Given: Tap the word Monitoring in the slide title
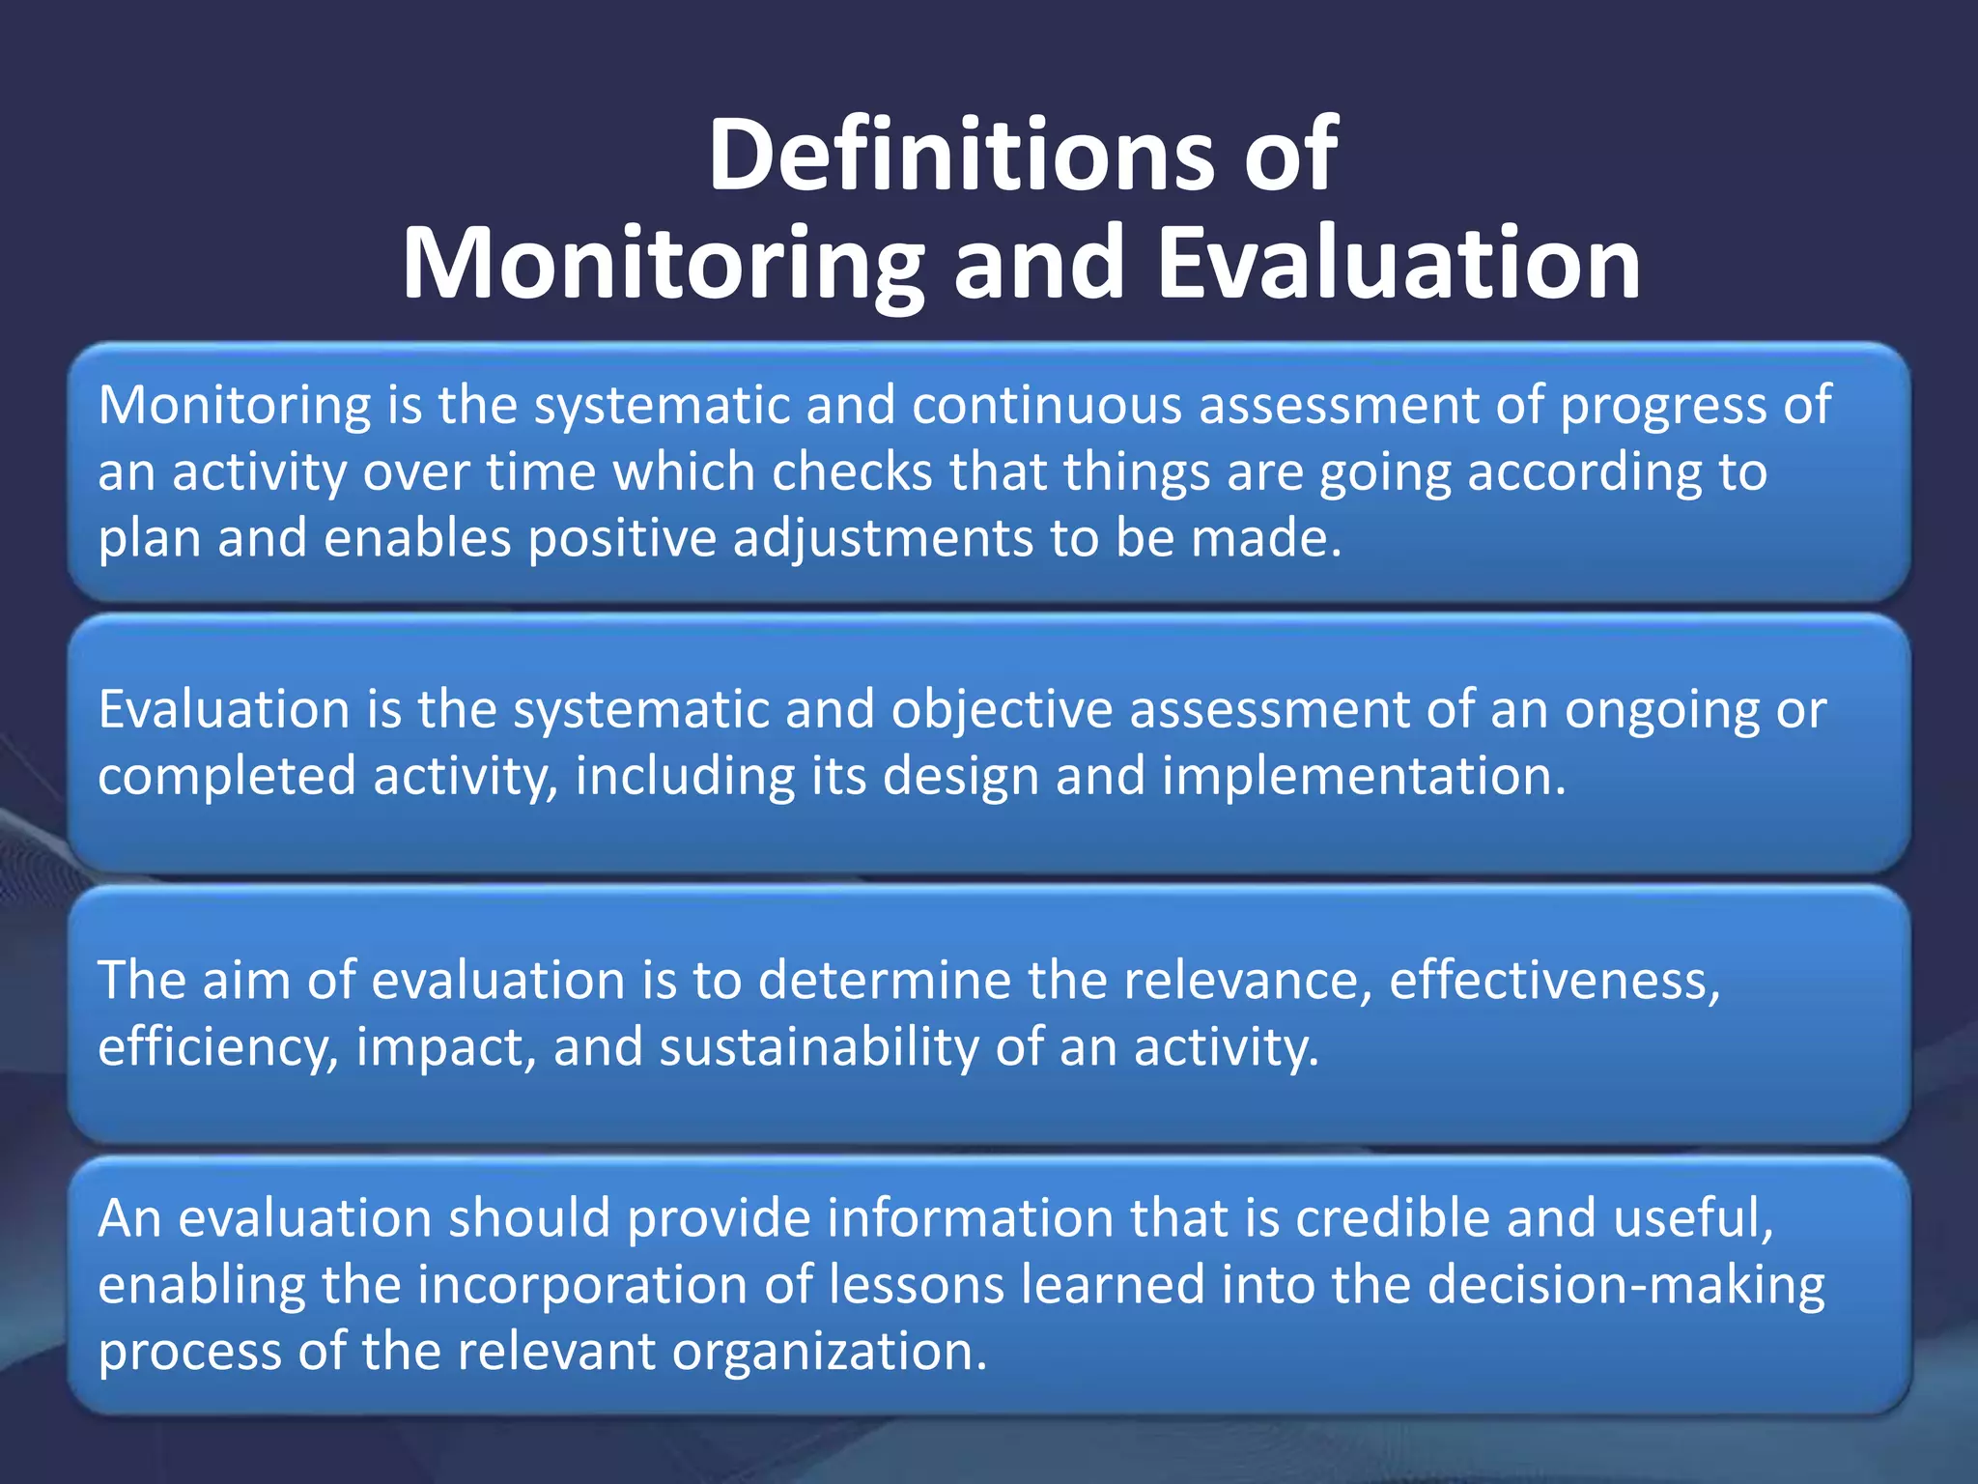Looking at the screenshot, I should (663, 264).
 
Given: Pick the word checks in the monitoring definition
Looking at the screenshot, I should (853, 472).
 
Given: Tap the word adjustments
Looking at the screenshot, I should (882, 540).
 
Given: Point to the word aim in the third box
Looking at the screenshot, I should (241, 981).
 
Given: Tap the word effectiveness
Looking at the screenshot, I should (1554, 981).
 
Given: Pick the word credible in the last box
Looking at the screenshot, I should (1392, 1218).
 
